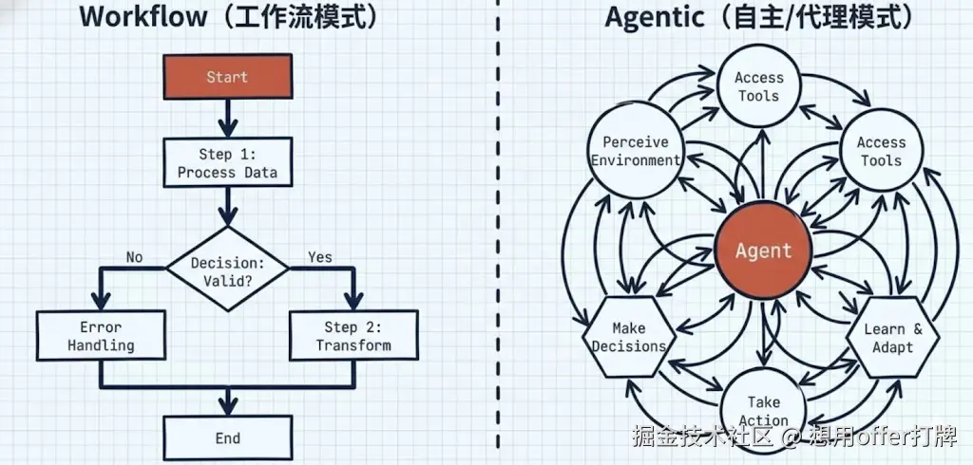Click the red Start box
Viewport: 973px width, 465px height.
point(228,76)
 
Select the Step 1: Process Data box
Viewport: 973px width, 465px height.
point(228,162)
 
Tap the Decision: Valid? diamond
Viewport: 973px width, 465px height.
point(228,269)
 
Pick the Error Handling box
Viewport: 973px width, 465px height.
point(101,335)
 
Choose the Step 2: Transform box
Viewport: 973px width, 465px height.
point(353,335)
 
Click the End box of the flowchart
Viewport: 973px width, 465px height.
point(228,437)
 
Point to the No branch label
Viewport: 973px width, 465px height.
point(134,256)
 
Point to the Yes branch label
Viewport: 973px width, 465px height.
point(319,256)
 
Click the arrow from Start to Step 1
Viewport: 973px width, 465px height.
point(228,118)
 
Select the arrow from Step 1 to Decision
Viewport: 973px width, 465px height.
point(228,207)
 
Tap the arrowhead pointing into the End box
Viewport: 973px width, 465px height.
point(228,406)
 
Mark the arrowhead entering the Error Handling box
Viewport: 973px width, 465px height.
point(101,302)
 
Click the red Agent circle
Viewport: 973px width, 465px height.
point(763,251)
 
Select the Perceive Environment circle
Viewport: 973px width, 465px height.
point(636,151)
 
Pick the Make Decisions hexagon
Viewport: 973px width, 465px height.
point(629,337)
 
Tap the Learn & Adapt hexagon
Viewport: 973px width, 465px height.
point(893,337)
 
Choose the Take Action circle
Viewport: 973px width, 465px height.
point(763,410)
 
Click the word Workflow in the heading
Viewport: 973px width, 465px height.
point(143,17)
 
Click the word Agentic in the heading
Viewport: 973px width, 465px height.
point(655,18)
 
